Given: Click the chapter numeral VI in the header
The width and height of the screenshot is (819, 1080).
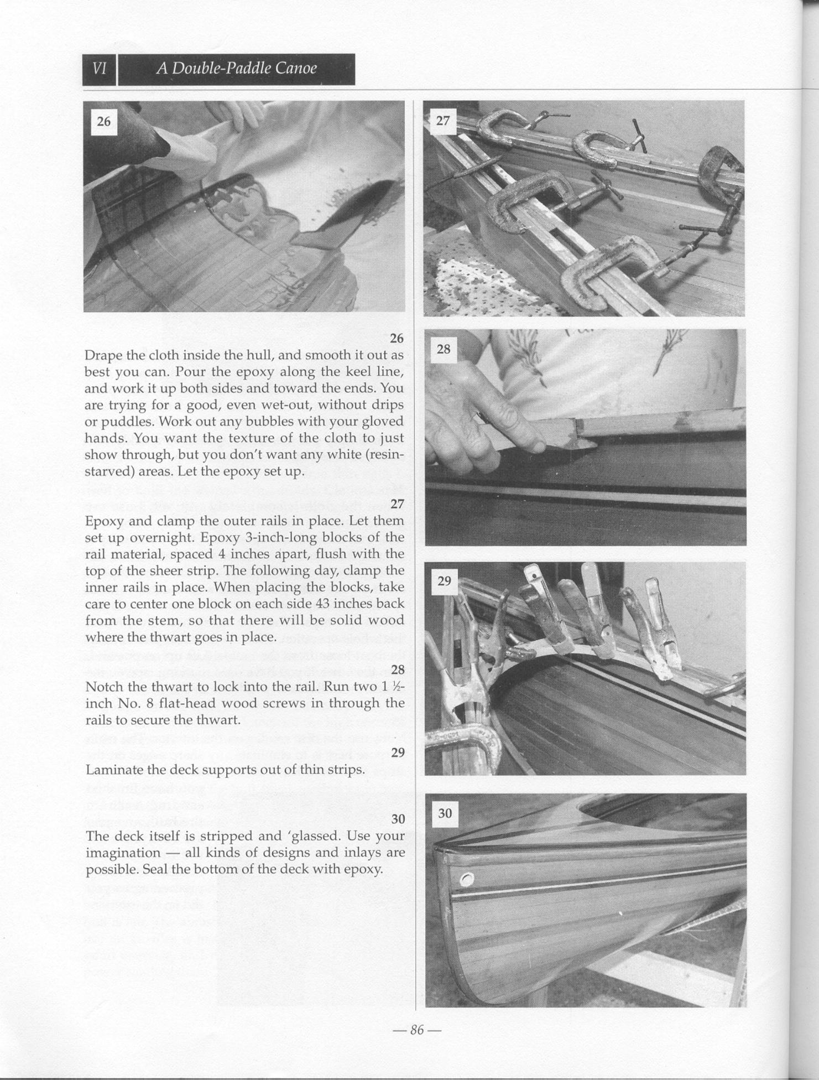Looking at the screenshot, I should click(100, 69).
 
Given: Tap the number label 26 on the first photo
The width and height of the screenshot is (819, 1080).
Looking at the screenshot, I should click(103, 121).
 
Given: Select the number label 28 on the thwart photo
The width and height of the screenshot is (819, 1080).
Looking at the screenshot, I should click(444, 349).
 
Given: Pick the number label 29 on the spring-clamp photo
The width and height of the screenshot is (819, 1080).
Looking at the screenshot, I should click(444, 581).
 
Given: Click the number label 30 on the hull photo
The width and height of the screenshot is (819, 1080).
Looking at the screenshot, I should click(445, 813).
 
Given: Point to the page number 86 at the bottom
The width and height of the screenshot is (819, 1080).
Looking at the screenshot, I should click(416, 1030).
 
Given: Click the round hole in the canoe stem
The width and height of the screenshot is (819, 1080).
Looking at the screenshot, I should click(467, 879).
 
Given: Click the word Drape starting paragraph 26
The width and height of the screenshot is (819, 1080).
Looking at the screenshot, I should click(103, 355).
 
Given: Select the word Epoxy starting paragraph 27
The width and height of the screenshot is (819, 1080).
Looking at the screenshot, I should click(103, 521).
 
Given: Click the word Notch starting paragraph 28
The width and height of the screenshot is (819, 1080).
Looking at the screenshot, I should click(103, 687).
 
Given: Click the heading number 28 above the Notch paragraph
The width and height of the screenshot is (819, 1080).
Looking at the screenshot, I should click(398, 670).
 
